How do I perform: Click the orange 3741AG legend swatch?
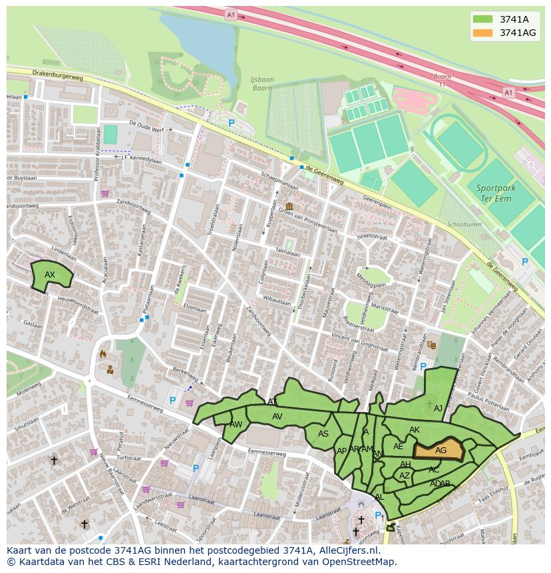tap(483, 33)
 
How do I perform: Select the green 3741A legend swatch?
tap(483, 19)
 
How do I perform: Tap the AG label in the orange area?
tap(441, 451)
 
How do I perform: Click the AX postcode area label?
tap(50, 275)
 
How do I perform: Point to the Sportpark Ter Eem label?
tap(496, 194)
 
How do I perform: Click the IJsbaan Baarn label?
tap(261, 83)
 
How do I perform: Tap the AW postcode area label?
tap(236, 425)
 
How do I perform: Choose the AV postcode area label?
tap(277, 417)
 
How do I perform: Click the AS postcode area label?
tap(323, 434)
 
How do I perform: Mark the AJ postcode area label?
tap(438, 409)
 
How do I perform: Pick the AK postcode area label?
tap(415, 430)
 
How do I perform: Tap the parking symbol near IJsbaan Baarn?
tap(232, 123)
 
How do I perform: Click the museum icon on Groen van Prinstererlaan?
tap(289, 206)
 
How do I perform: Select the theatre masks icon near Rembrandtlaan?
tap(431, 345)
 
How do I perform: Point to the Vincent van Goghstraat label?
tap(359, 342)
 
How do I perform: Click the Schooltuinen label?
tap(463, 224)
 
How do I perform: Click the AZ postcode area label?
tap(404, 476)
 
